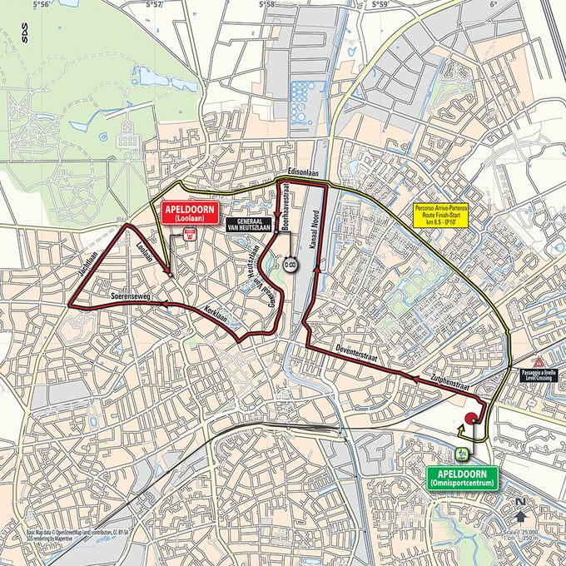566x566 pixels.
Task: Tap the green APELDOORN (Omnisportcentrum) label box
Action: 461,476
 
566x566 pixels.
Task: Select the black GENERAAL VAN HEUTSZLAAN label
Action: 250,222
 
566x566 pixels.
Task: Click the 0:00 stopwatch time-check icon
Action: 290,264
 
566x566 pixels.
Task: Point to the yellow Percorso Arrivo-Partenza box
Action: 444,216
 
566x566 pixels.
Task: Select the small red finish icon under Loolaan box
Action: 190,236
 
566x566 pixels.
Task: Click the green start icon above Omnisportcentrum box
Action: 461,454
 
